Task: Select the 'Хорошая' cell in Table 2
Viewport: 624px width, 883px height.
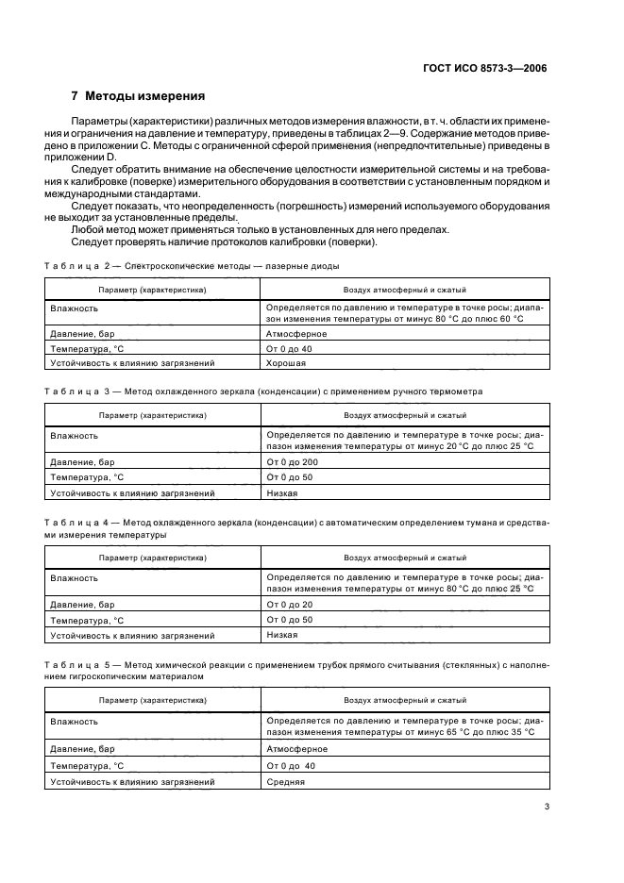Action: pyautogui.click(x=286, y=362)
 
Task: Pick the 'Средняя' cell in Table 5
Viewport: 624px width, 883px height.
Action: pyautogui.click(x=286, y=782)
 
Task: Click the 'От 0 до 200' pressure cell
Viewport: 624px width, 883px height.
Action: pyautogui.click(x=294, y=462)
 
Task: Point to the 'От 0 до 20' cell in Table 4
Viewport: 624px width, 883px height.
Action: pyautogui.click(x=290, y=604)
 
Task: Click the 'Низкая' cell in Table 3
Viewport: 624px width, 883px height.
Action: pyautogui.click(x=282, y=492)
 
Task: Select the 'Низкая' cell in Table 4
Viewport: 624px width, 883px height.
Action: pyautogui.click(x=282, y=635)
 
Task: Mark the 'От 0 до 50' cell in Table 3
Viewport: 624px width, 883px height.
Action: pyautogui.click(x=290, y=477)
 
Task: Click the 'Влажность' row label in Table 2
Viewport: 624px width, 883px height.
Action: pyautogui.click(x=75, y=308)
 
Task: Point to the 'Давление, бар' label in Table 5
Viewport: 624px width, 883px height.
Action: pyautogui.click(x=84, y=749)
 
